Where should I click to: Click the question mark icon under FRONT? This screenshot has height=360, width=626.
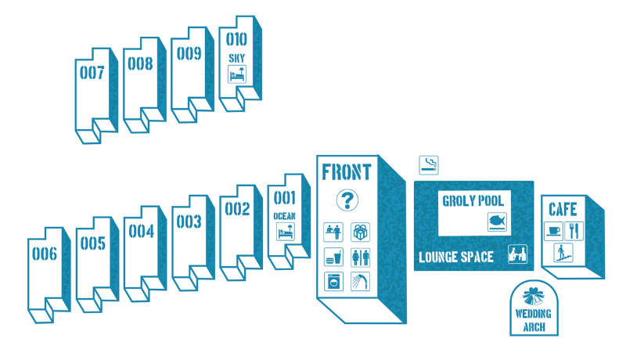(347, 200)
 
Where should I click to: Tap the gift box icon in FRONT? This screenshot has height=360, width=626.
(360, 232)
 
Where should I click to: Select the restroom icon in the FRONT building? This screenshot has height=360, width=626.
(360, 257)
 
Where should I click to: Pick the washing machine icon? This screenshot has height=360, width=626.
(334, 281)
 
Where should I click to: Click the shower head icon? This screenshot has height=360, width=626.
(360, 281)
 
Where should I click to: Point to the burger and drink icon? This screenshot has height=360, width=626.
(334, 257)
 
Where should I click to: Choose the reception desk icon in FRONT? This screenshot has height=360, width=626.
(334, 232)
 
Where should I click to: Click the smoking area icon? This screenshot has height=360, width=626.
(428, 164)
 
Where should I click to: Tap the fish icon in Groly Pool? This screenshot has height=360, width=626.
(497, 221)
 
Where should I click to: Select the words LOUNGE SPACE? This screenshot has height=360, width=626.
(455, 257)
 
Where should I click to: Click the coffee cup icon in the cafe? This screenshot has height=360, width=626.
(554, 231)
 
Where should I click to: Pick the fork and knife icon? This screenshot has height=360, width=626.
(574, 231)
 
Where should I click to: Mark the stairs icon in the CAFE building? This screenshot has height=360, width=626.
(563, 252)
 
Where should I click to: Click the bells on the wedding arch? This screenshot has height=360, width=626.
(533, 300)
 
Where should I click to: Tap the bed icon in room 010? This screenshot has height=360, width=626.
(237, 74)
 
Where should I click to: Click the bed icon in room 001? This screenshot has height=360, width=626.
(285, 232)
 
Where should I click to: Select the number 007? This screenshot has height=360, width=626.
(92, 72)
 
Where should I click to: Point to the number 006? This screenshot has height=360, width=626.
(45, 253)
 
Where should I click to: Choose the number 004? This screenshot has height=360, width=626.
(142, 231)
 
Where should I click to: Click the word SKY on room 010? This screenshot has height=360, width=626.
(237, 58)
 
